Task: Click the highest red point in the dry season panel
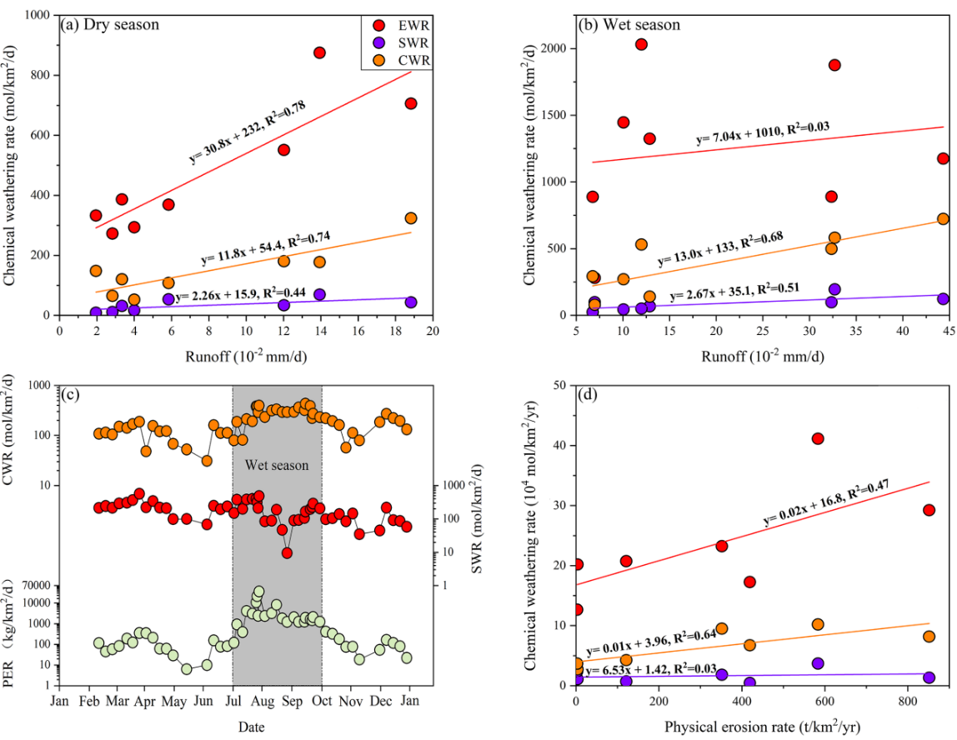pyautogui.click(x=319, y=52)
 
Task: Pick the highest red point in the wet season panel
pyautogui.click(x=641, y=44)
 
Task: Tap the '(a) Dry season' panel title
pyautogui.click(x=110, y=25)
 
